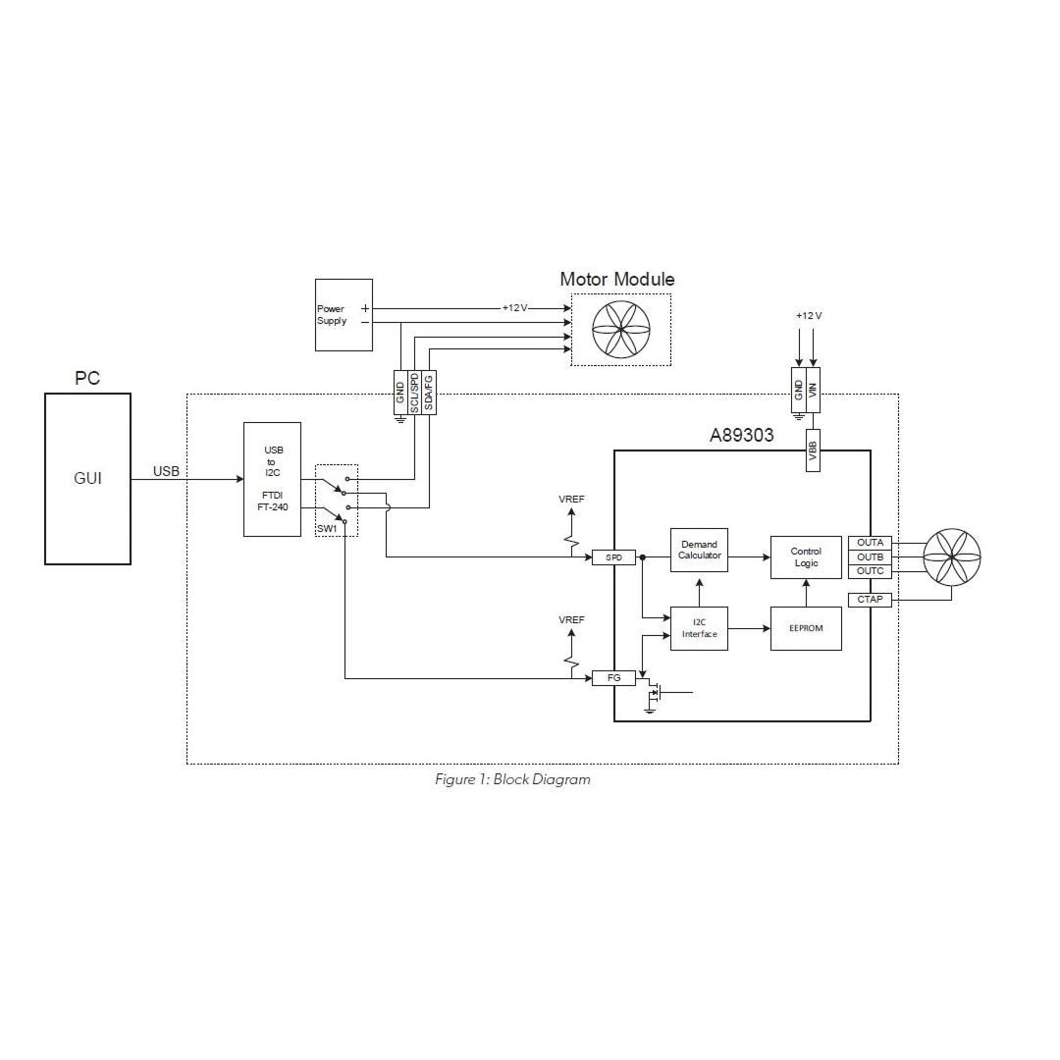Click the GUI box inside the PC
click(87, 479)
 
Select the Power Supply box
click(344, 314)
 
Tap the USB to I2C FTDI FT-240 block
click(272, 479)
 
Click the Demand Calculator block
click(699, 550)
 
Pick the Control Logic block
click(806, 557)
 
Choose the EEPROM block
click(806, 628)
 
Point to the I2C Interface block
click(699, 628)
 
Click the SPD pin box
click(614, 557)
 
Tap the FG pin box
click(614, 677)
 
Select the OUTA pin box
click(870, 543)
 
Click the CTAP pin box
click(870, 600)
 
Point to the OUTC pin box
click(870, 571)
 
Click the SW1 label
click(326, 530)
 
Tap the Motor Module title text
click(617, 280)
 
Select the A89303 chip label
click(741, 436)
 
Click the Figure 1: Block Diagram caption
click(512, 780)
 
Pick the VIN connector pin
click(814, 388)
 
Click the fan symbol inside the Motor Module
click(621, 330)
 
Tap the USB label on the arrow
click(166, 472)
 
